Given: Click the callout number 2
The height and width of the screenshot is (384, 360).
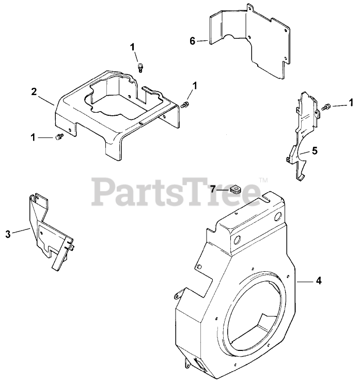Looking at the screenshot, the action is (34, 91).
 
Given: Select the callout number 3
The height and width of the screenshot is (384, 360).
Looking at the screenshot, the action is (8, 234).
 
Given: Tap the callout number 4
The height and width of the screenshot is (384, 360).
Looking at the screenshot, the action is (319, 281).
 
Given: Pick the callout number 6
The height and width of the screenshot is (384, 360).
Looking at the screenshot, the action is (193, 41).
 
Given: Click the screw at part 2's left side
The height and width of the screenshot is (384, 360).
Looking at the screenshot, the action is (58, 137).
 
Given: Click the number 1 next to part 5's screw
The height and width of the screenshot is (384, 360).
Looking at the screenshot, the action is (351, 102).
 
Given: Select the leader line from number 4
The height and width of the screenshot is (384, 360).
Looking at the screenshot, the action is (305, 281).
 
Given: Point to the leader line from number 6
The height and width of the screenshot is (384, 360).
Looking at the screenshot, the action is (202, 40).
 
